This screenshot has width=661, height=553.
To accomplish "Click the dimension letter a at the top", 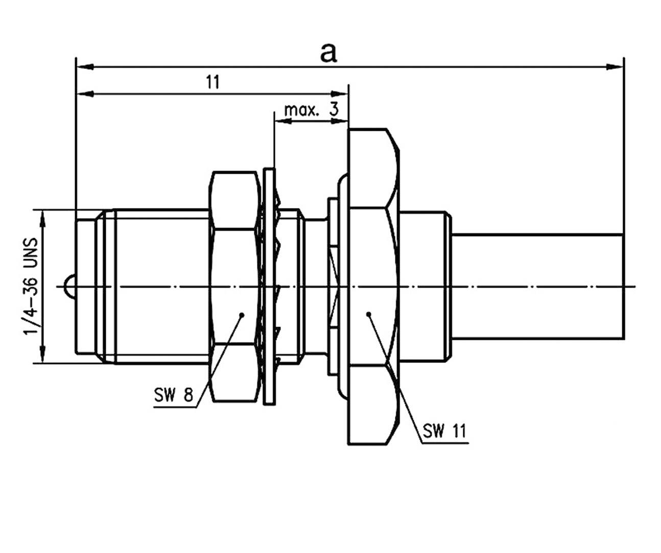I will [328, 52].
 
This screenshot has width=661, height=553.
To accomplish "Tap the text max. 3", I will [311, 109].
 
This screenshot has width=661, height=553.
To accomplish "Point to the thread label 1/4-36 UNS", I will [31, 286].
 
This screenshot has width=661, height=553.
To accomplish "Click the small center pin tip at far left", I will [68, 286].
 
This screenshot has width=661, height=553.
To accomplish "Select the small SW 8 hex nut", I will [233, 286].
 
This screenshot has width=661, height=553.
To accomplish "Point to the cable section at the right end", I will [536, 286].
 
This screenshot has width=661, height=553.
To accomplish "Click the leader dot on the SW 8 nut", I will [242, 314].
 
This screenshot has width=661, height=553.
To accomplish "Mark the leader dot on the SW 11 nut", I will [368, 314].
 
